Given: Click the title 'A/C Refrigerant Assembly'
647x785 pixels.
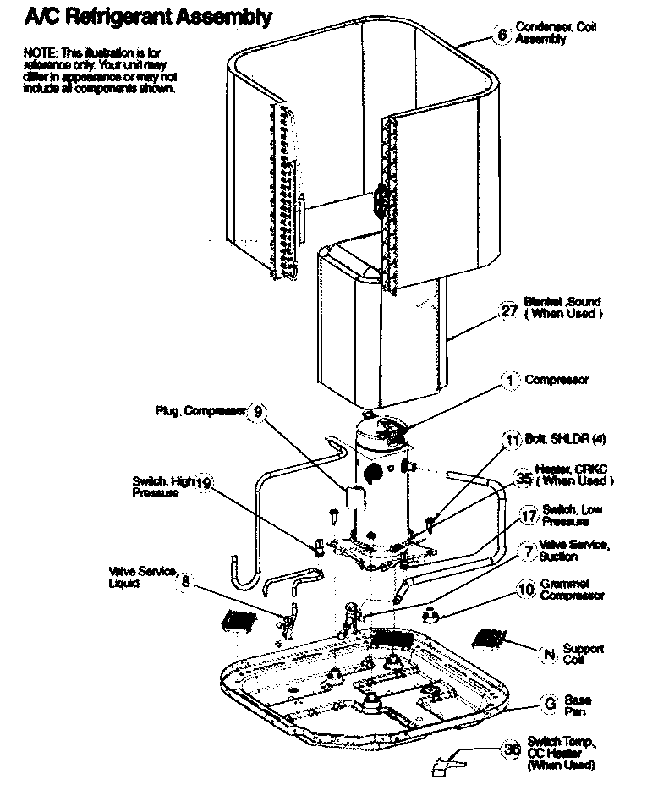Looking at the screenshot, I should coord(136,16).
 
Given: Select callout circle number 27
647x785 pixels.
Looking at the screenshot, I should coord(509,310).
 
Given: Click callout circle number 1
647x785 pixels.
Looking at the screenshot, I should coord(510,382).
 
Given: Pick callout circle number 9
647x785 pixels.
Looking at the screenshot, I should coord(259,412).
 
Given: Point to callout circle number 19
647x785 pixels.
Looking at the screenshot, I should coord(204,484).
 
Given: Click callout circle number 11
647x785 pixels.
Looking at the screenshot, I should coord(512,440).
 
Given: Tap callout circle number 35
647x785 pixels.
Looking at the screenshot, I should coord(524,479).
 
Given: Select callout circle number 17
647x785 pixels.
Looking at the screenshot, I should coord(529,516).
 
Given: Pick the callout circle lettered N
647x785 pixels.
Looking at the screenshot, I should coord(549,654).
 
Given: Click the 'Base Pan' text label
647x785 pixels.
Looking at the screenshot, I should coord(578,705).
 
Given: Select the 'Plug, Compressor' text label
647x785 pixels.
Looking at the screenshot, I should coord(200,411).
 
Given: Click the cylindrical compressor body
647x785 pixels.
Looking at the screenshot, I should coord(377,482).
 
